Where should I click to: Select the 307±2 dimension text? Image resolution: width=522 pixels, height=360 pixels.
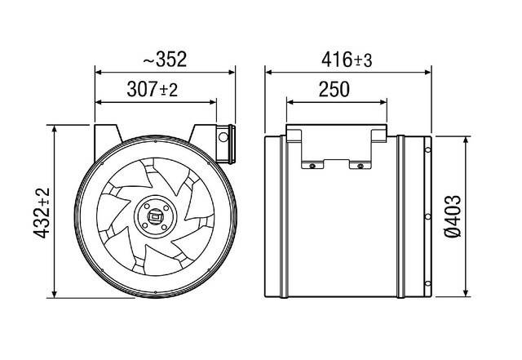153,89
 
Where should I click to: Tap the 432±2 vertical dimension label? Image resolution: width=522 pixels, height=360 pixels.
41,212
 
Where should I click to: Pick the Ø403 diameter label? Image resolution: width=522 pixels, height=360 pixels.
479,215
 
